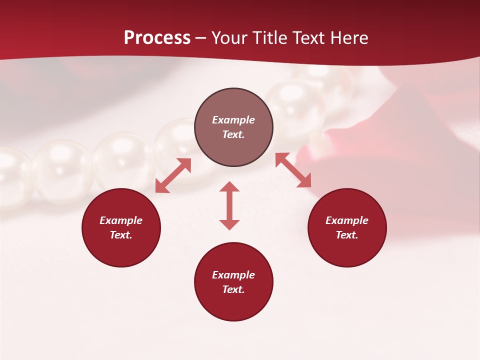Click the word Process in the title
[x=157, y=38]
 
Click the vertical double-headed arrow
[x=229, y=205]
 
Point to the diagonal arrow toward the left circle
[x=173, y=175]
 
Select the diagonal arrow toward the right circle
[x=293, y=170]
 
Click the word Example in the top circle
[x=233, y=120]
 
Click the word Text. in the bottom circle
[x=233, y=289]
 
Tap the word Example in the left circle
[x=121, y=220]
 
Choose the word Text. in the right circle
[x=347, y=235]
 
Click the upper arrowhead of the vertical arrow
[x=229, y=186]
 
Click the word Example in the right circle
[x=347, y=220]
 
